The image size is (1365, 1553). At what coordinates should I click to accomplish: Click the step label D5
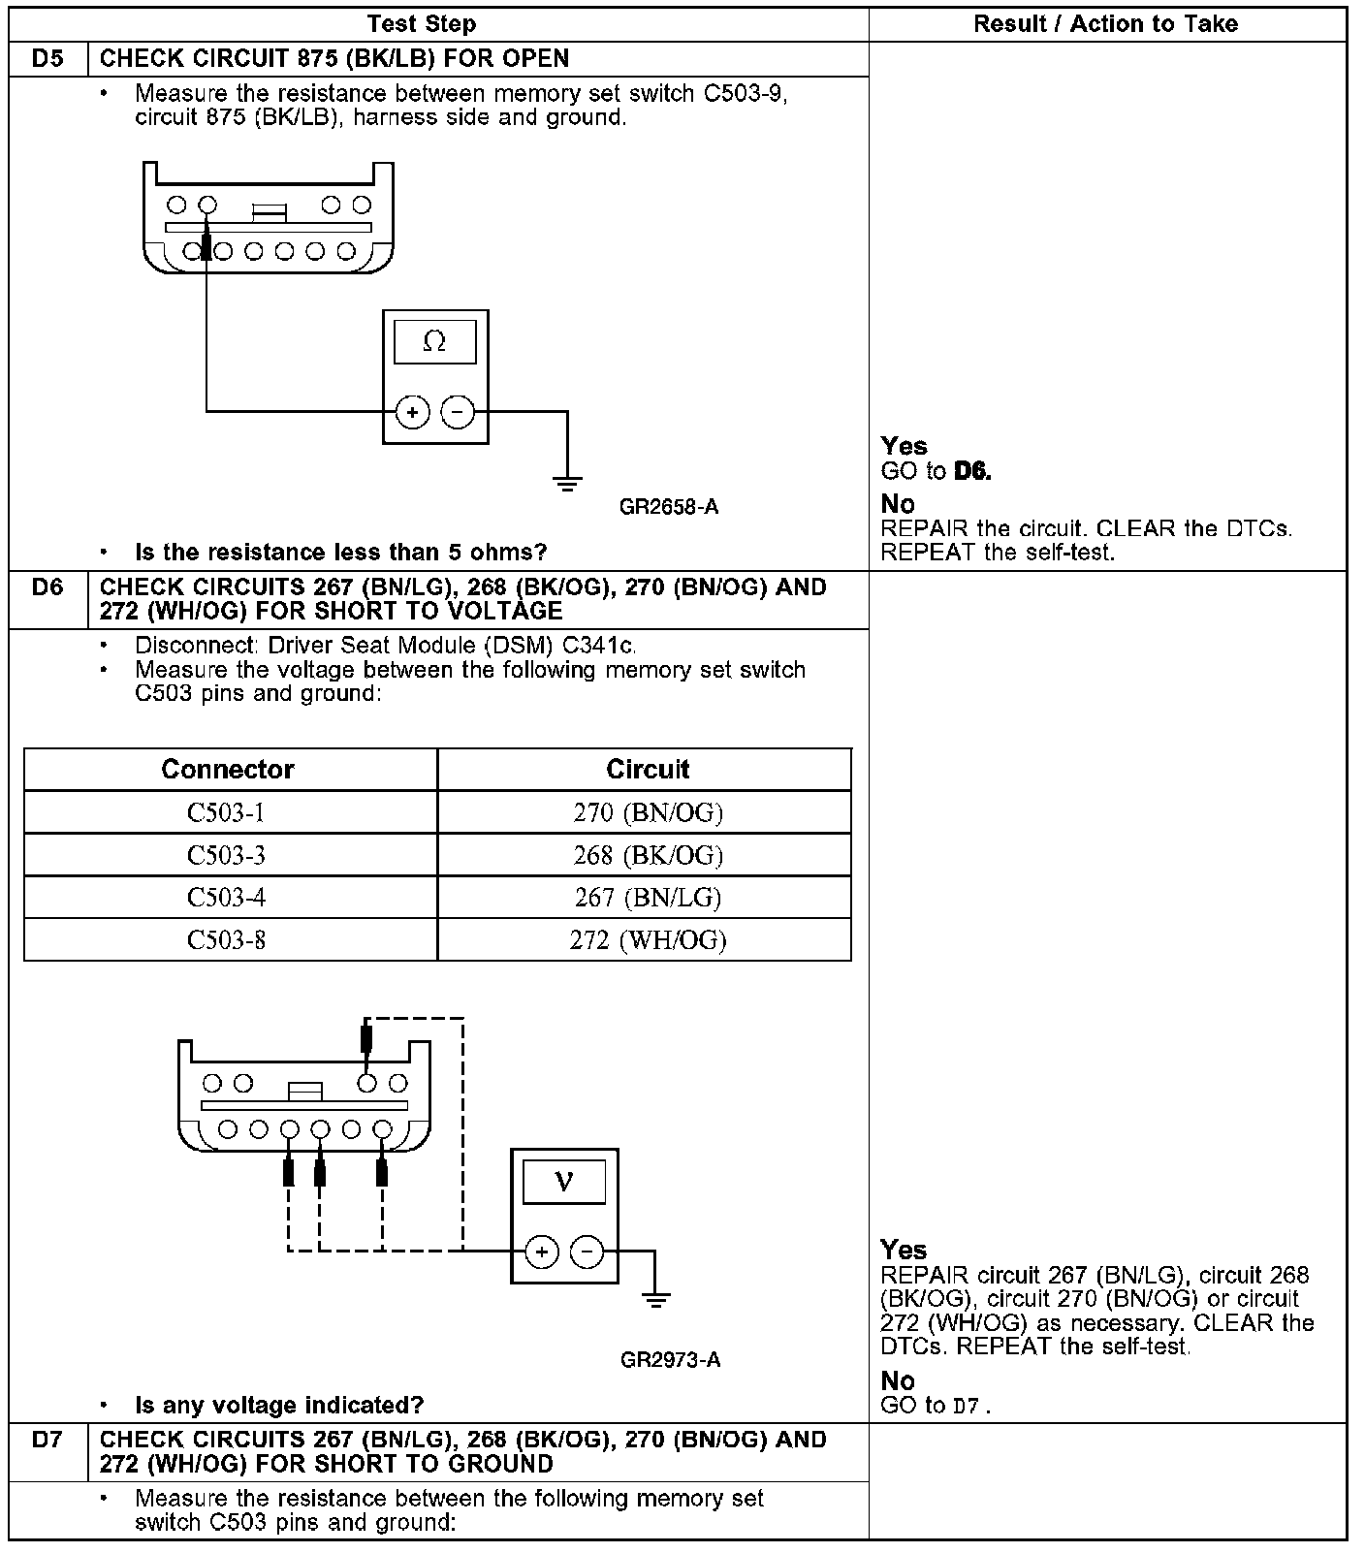(47, 59)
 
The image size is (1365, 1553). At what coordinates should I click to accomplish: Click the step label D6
(47, 587)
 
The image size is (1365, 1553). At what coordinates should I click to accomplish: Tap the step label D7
(47, 1440)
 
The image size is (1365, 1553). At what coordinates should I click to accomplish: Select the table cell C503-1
(226, 812)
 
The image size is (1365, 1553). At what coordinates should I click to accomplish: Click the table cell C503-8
(226, 939)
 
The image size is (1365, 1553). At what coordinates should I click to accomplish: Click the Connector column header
(228, 770)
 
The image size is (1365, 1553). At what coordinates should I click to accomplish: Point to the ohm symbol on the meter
(434, 341)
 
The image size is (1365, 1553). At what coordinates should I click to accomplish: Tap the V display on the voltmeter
(563, 1181)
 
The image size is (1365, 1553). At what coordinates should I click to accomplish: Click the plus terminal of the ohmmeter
(413, 412)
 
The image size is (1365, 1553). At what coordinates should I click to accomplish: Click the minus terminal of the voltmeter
(587, 1252)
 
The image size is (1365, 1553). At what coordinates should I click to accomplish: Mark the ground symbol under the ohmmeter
(567, 482)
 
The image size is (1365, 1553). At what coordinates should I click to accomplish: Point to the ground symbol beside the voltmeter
(656, 1300)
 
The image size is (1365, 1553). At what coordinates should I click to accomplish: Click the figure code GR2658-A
(669, 507)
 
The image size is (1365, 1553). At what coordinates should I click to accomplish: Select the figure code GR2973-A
(670, 1360)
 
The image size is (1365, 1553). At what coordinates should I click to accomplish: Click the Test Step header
(422, 24)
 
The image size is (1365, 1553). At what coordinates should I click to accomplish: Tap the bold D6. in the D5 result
(972, 472)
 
